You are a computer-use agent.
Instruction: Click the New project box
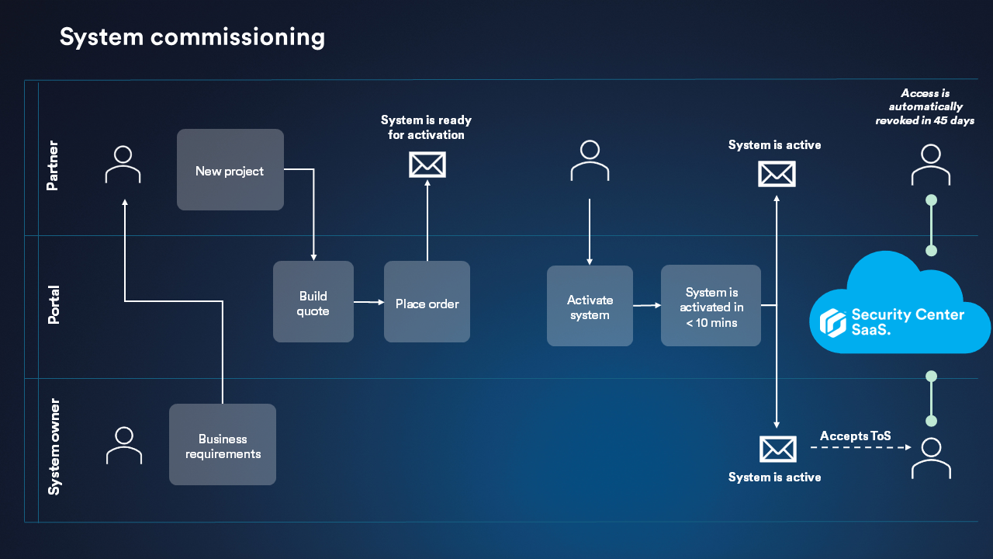click(230, 170)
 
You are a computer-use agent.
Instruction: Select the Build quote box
click(313, 302)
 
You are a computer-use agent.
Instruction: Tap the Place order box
click(427, 302)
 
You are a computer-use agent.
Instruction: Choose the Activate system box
click(590, 306)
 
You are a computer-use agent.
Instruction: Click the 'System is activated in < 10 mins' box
click(711, 306)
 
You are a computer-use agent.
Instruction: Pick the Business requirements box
click(223, 445)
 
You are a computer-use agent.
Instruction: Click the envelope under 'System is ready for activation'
click(427, 165)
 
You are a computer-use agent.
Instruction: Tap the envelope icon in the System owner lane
click(777, 449)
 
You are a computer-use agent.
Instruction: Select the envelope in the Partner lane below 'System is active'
click(777, 174)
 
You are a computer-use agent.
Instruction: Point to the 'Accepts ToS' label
click(855, 436)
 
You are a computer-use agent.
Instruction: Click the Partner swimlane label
click(52, 165)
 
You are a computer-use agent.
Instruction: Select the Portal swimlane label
click(52, 305)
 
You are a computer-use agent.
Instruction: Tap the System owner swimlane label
click(54, 446)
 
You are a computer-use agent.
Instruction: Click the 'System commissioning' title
click(192, 36)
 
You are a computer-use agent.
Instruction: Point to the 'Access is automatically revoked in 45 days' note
click(925, 107)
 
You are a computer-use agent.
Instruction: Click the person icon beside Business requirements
click(124, 445)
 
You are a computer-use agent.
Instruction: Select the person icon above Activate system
click(590, 161)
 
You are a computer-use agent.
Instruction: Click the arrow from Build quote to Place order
click(368, 302)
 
